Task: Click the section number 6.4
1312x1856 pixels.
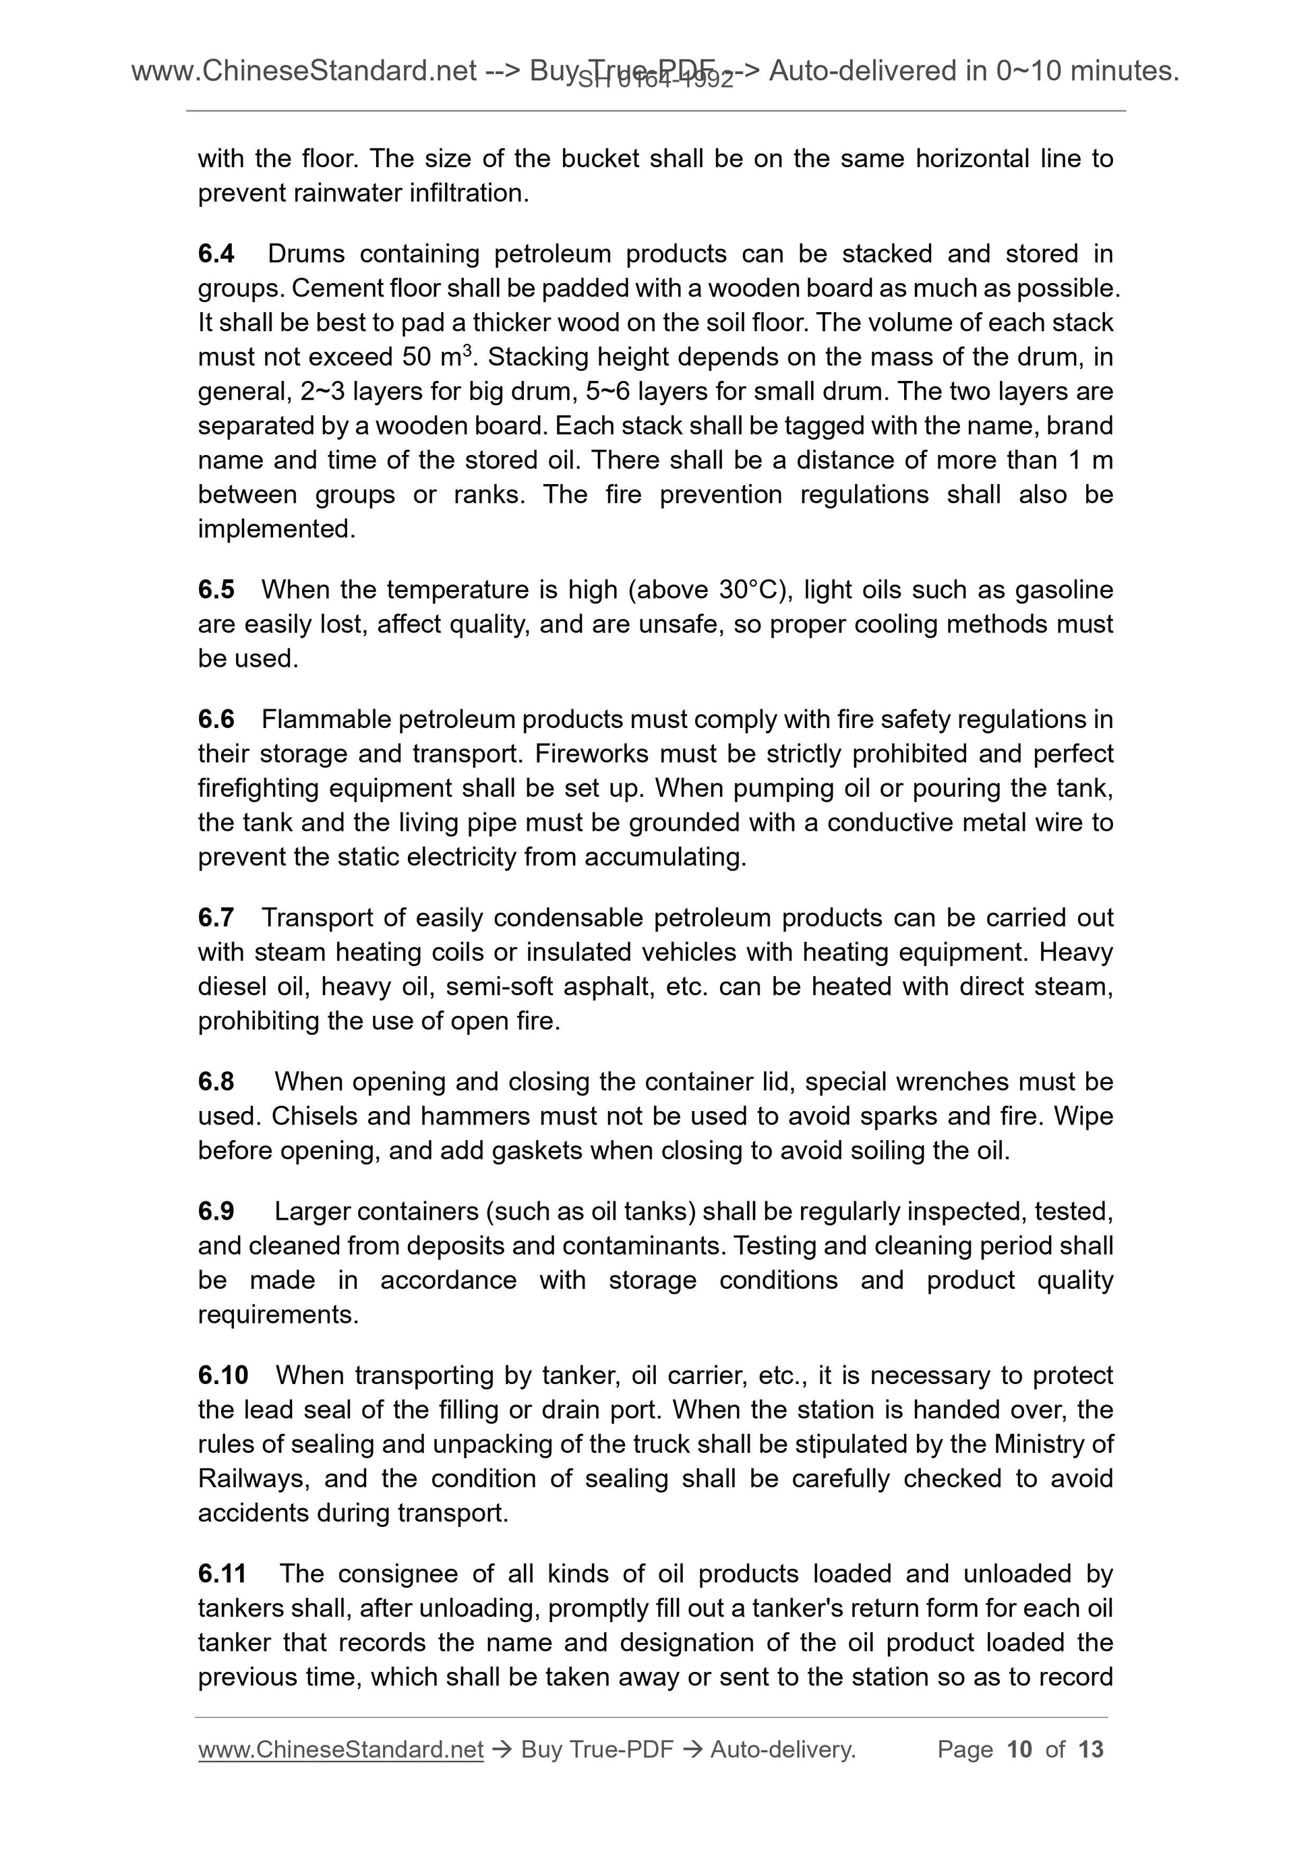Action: [216, 253]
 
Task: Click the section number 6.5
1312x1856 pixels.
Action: [216, 590]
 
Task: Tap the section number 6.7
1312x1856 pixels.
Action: [216, 918]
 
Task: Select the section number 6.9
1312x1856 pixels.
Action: [216, 1211]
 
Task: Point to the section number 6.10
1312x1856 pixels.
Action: [222, 1375]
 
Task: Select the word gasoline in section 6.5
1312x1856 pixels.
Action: [1064, 590]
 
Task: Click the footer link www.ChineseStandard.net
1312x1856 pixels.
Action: [340, 1749]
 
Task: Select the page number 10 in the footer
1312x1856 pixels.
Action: [1019, 1749]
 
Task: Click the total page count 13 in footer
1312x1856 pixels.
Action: [1090, 1749]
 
